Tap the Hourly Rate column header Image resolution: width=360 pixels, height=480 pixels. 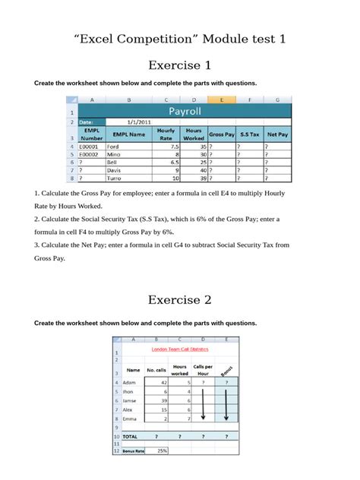[166, 134]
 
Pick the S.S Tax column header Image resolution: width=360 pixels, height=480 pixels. [249, 134]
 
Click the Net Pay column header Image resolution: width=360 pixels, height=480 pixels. [278, 134]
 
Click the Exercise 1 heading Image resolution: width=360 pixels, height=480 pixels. [179, 65]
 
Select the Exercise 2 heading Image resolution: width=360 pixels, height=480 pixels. [179, 299]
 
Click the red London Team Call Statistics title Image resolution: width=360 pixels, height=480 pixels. [181, 349]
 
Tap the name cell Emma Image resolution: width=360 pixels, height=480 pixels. [131, 418]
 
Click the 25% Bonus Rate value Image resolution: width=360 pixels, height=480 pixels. [162, 450]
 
